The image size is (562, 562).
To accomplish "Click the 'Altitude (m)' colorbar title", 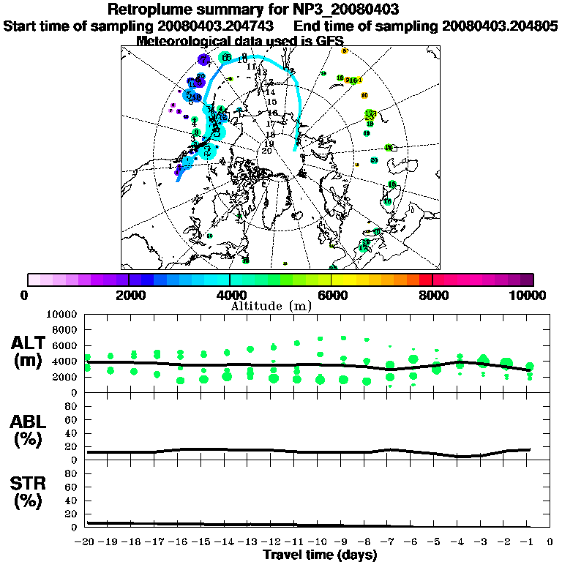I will click(280, 305).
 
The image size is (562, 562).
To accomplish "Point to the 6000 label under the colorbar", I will click(331, 295).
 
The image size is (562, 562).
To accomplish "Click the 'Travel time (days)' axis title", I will click(320, 555).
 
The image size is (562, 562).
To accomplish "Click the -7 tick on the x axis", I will click(389, 542).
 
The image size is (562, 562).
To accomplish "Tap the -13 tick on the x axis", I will click(250, 542).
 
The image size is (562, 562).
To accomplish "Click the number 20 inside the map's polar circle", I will click(267, 150).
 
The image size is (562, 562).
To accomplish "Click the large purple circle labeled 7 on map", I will click(203, 60).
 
